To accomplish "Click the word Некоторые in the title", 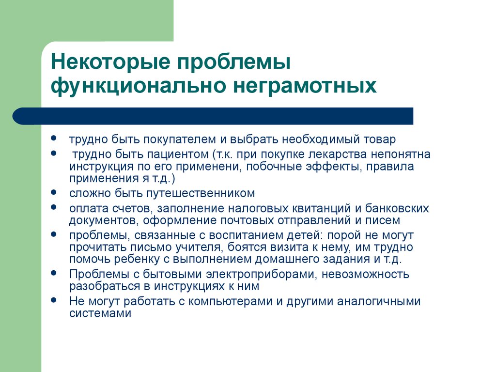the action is click(110, 62).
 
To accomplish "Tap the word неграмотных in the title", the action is click(305, 85).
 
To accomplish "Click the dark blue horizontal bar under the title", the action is click(213, 116).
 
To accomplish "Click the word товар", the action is click(380, 139).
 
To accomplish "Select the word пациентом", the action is click(178, 155).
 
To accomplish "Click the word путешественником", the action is click(201, 193).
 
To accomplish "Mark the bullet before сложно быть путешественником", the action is click(54, 192).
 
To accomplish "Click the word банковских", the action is click(397, 208).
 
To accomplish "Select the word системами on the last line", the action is click(100, 313).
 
